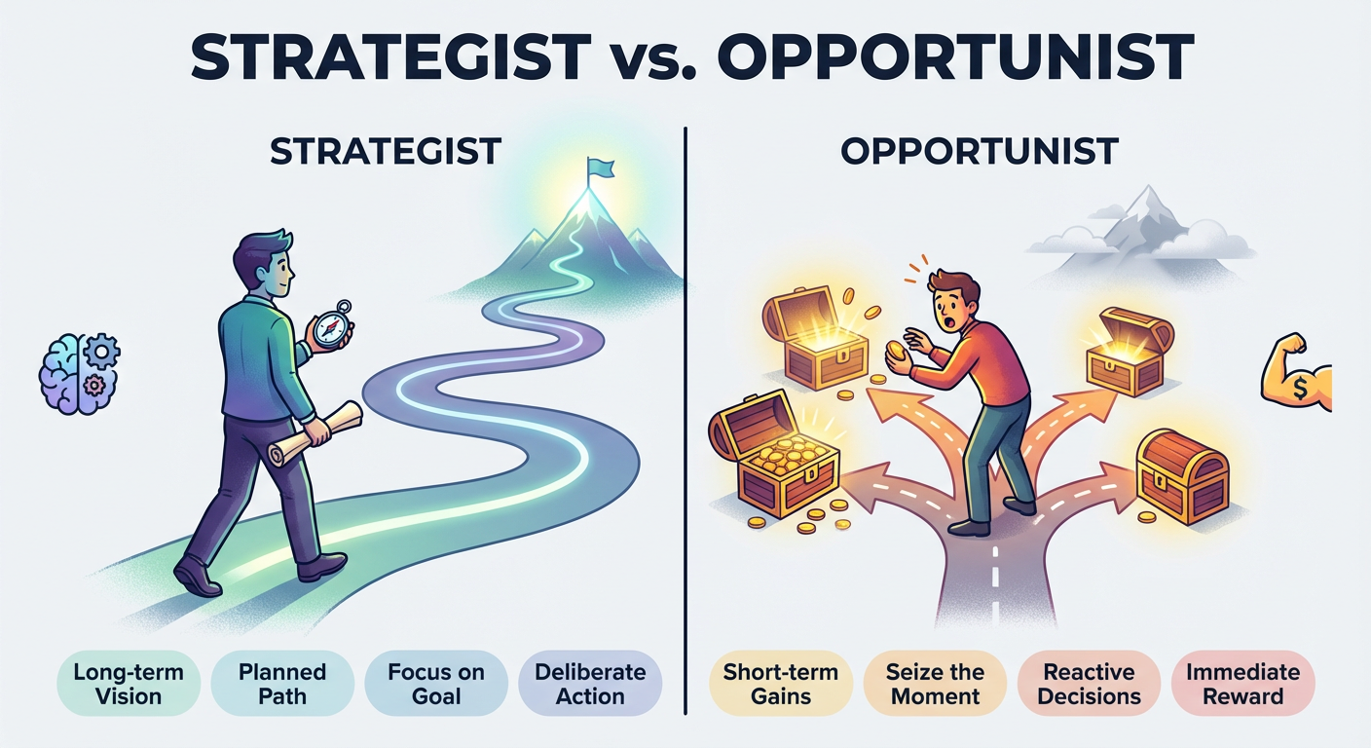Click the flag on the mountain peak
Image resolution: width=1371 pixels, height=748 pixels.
pyautogui.click(x=600, y=169)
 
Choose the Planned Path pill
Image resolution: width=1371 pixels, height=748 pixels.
pyautogui.click(x=282, y=684)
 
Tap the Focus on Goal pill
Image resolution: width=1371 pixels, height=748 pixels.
pyautogui.click(x=436, y=684)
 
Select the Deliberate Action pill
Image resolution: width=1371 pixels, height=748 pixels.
pyautogui.click(x=590, y=684)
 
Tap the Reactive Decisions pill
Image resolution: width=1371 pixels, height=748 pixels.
pyautogui.click(x=1089, y=684)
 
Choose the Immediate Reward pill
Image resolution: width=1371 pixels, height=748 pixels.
pyautogui.click(x=1241, y=684)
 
